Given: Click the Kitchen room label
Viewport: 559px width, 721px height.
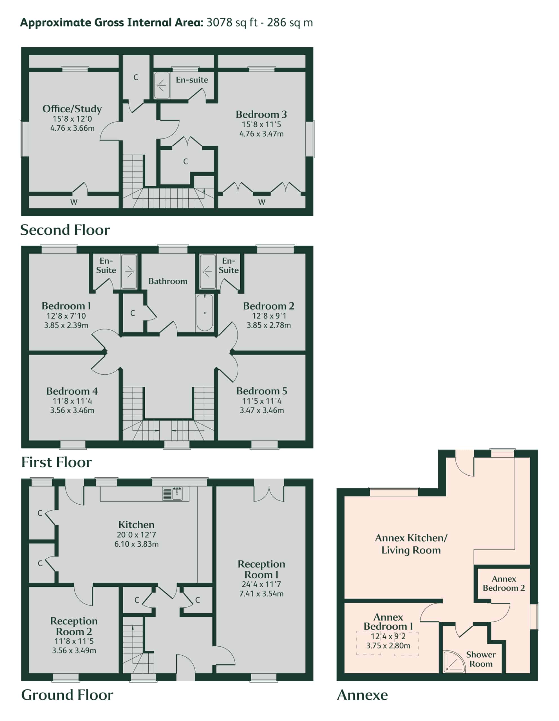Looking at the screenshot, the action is click(136, 525).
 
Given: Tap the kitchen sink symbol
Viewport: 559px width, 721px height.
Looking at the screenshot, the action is click(172, 494).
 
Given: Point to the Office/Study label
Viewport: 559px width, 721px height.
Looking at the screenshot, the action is click(72, 109).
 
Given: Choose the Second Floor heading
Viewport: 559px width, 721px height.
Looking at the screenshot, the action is click(65, 230).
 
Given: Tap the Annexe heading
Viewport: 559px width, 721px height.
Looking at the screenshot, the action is click(362, 695).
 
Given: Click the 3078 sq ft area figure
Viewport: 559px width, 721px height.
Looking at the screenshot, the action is click(232, 23).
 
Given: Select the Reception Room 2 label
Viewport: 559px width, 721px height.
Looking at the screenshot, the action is click(74, 626).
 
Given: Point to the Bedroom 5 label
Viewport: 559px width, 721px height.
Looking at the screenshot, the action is click(262, 391).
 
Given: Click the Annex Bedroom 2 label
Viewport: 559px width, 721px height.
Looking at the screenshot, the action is click(504, 583).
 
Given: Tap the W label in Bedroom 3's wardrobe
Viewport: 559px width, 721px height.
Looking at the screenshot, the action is click(262, 202).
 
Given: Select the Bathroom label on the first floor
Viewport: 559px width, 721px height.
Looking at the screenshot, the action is click(168, 281).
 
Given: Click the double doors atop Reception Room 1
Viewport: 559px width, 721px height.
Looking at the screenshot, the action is click(269, 494).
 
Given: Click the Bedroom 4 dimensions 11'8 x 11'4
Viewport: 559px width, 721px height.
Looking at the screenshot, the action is click(72, 401).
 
